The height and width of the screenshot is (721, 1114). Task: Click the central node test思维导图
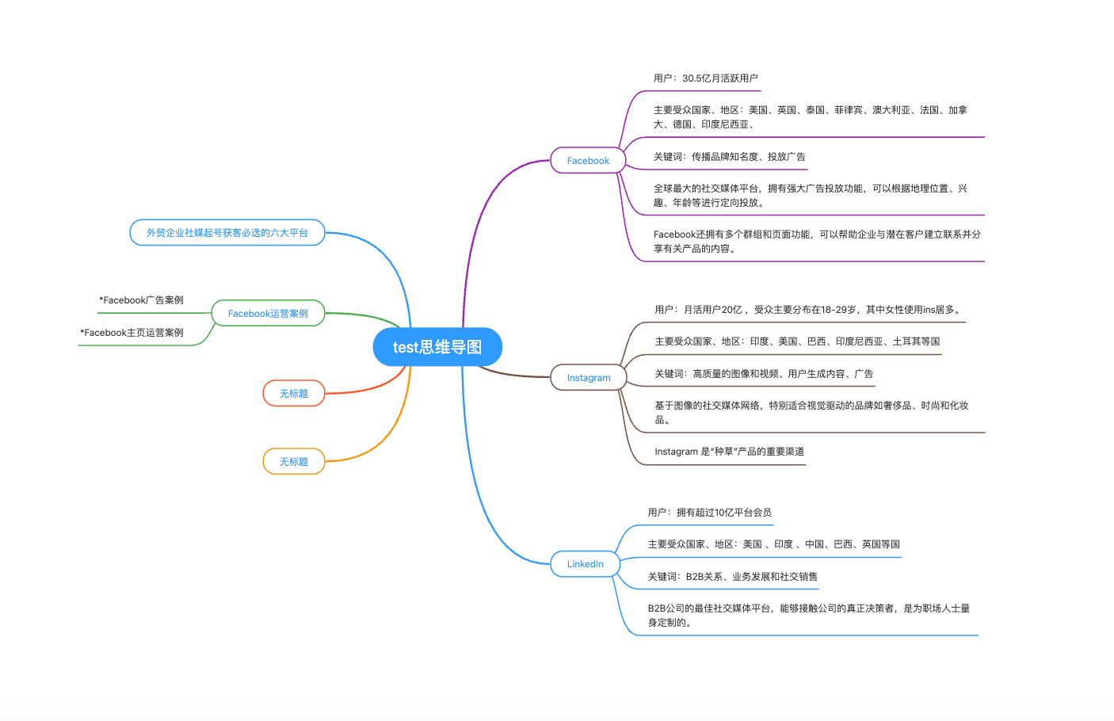pos(437,346)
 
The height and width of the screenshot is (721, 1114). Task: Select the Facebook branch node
pos(588,160)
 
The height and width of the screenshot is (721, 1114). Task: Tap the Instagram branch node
pos(589,377)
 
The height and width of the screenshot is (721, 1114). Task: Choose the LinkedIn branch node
pos(585,564)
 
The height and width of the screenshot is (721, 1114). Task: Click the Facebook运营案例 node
pos(268,313)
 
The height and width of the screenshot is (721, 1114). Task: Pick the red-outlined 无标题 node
pos(293,393)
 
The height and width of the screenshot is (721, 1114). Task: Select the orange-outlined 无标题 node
pos(293,461)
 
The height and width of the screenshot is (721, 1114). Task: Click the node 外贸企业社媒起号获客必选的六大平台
pos(227,232)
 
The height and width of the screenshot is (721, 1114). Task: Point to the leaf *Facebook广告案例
pos(141,299)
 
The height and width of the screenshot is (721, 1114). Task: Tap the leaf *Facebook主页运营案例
pos(132,332)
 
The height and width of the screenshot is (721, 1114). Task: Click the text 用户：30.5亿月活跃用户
pos(705,78)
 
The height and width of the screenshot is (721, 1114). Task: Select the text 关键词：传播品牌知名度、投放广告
pos(729,157)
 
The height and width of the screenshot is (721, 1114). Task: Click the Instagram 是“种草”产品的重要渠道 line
pos(729,452)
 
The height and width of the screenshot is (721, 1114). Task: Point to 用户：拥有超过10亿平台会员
pos(709,512)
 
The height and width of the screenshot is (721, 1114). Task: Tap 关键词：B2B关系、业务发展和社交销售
pos(732,576)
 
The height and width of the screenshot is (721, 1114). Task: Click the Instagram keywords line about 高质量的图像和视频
pos(763,373)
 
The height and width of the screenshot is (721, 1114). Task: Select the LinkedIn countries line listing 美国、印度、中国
pos(773,544)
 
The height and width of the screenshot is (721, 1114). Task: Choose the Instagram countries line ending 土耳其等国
pos(797,341)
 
